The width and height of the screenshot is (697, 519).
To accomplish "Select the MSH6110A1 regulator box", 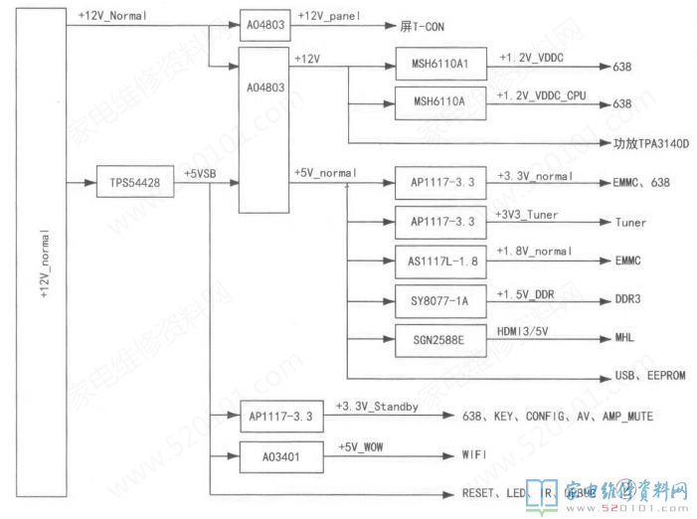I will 439,68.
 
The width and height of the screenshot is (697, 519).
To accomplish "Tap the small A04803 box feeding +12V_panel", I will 263,24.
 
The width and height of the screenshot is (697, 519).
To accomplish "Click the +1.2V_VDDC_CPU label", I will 544,94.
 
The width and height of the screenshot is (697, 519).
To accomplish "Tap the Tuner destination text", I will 629,222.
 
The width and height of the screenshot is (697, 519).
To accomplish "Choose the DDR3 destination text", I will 628,299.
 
